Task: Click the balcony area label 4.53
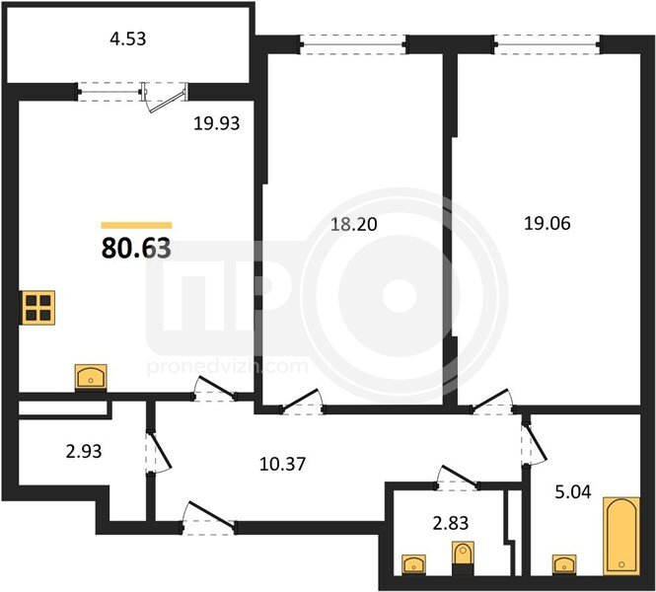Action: (x=127, y=38)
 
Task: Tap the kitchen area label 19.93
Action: (x=216, y=123)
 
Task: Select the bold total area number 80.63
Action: (x=136, y=248)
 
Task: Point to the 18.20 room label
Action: (x=354, y=225)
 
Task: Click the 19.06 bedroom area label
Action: (x=547, y=223)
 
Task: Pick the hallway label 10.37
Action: (x=282, y=465)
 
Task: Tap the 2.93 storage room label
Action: (x=84, y=452)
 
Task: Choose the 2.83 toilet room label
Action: (x=450, y=523)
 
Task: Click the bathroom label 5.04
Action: (x=573, y=492)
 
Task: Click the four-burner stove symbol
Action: (x=38, y=308)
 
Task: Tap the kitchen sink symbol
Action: (x=91, y=377)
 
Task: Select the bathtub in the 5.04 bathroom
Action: (x=621, y=536)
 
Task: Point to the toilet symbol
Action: (x=463, y=558)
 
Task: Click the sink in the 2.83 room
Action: (x=413, y=564)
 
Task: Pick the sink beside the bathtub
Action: (x=564, y=564)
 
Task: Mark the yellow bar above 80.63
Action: (x=136, y=226)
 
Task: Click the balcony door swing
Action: (x=166, y=99)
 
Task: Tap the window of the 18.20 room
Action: (x=353, y=44)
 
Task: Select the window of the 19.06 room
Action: (x=547, y=44)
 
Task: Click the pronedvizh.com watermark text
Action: (x=228, y=367)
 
